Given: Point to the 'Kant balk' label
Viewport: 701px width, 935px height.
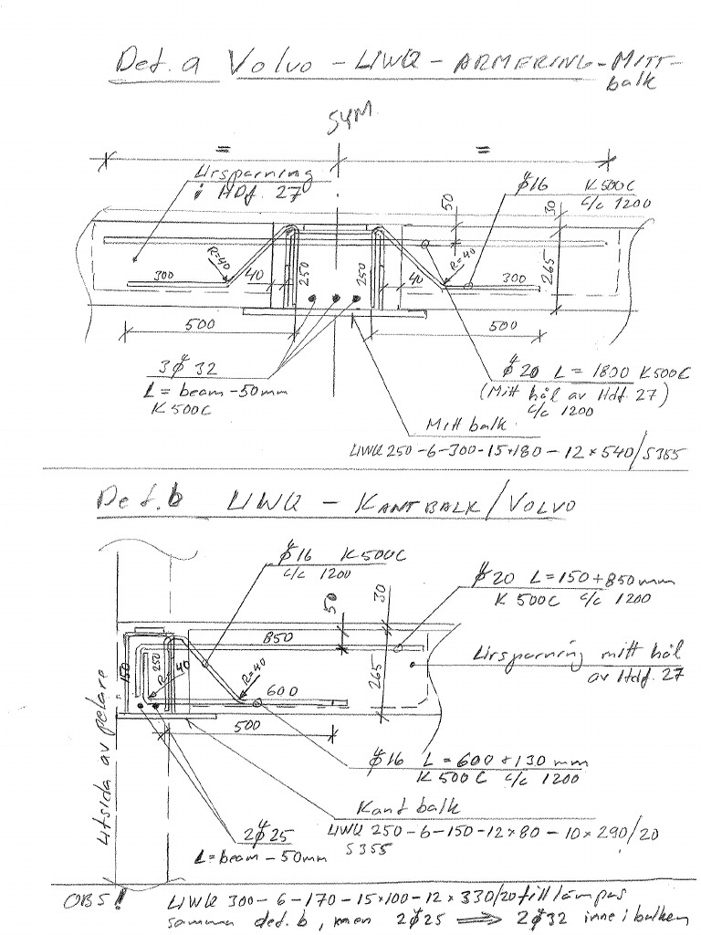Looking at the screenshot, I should [403, 805].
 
